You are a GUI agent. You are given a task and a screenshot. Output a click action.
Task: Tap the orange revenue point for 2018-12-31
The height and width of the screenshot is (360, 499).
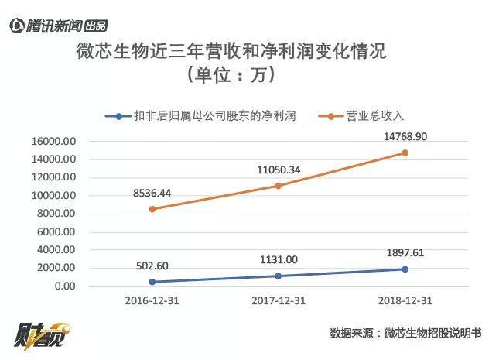click(x=404, y=153)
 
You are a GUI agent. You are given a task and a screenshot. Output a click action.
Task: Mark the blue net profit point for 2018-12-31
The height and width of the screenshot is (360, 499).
click(x=404, y=269)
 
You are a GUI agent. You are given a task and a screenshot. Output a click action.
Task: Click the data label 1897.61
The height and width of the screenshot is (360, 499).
click(x=404, y=253)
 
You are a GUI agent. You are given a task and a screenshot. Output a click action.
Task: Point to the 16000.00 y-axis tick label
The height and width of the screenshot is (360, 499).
click(x=53, y=142)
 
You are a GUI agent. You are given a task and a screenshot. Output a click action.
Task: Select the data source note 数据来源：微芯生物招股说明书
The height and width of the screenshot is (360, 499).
click(x=405, y=333)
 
